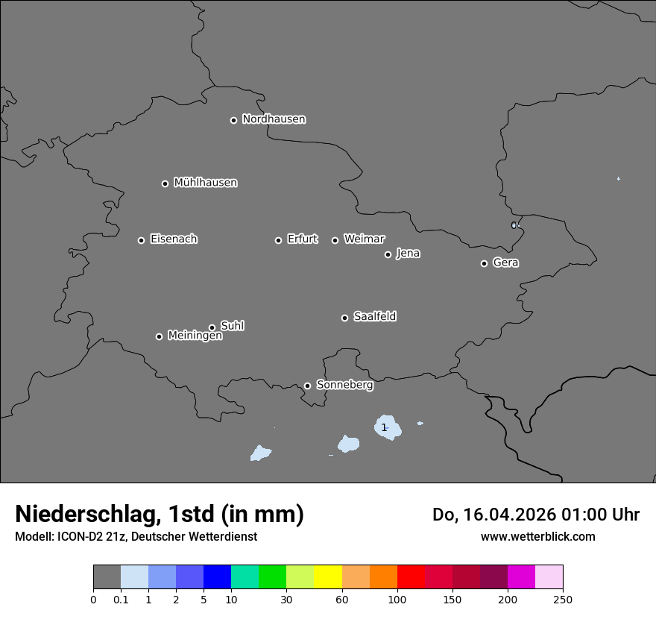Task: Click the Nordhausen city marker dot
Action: [x=233, y=120]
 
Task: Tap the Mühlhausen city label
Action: [x=205, y=183]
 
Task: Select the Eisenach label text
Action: [x=174, y=239]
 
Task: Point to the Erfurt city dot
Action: [x=278, y=240]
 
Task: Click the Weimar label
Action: [x=364, y=239]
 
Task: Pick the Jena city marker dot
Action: [x=388, y=254]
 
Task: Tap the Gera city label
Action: [x=505, y=263]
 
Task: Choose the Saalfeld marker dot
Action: [x=344, y=318]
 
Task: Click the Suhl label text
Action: [x=232, y=326]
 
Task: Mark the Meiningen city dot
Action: [x=159, y=336]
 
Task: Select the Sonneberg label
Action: [x=344, y=385]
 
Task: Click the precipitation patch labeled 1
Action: [x=388, y=427]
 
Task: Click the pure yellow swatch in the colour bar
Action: [x=328, y=577]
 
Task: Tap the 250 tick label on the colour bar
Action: [x=563, y=599]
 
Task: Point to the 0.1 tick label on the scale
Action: [x=121, y=599]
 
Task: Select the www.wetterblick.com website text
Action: [x=537, y=536]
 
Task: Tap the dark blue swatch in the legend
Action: [x=217, y=577]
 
